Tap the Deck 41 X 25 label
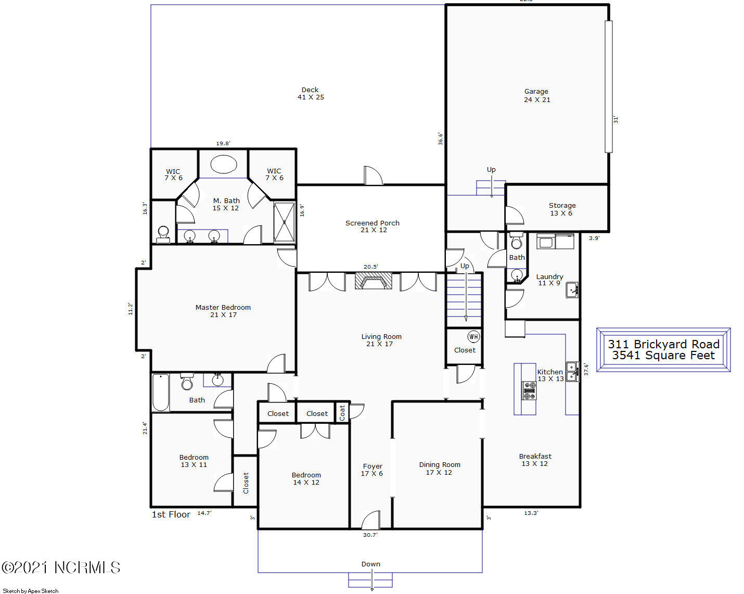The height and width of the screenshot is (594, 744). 311,94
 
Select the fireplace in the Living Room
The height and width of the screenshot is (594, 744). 374,281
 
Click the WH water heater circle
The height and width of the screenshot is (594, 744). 473,336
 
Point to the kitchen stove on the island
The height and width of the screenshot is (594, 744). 529,390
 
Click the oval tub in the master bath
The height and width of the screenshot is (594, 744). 224,164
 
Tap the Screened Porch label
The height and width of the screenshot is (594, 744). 373,226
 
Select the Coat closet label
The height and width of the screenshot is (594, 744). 342,413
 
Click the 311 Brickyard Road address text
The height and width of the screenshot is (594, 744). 663,344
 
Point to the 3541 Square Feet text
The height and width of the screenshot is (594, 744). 663,355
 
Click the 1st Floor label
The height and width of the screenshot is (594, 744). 171,514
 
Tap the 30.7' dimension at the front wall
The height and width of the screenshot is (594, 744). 370,535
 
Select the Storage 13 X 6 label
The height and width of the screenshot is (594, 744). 562,209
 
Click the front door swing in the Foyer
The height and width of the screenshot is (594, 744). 370,520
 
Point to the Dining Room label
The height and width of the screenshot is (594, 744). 440,469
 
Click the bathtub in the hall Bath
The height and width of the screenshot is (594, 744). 161,393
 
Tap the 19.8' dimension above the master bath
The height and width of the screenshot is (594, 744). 223,143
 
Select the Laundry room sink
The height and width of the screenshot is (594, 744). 572,290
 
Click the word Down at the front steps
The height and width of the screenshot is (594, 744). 370,564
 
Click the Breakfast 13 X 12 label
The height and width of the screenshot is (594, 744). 535,460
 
